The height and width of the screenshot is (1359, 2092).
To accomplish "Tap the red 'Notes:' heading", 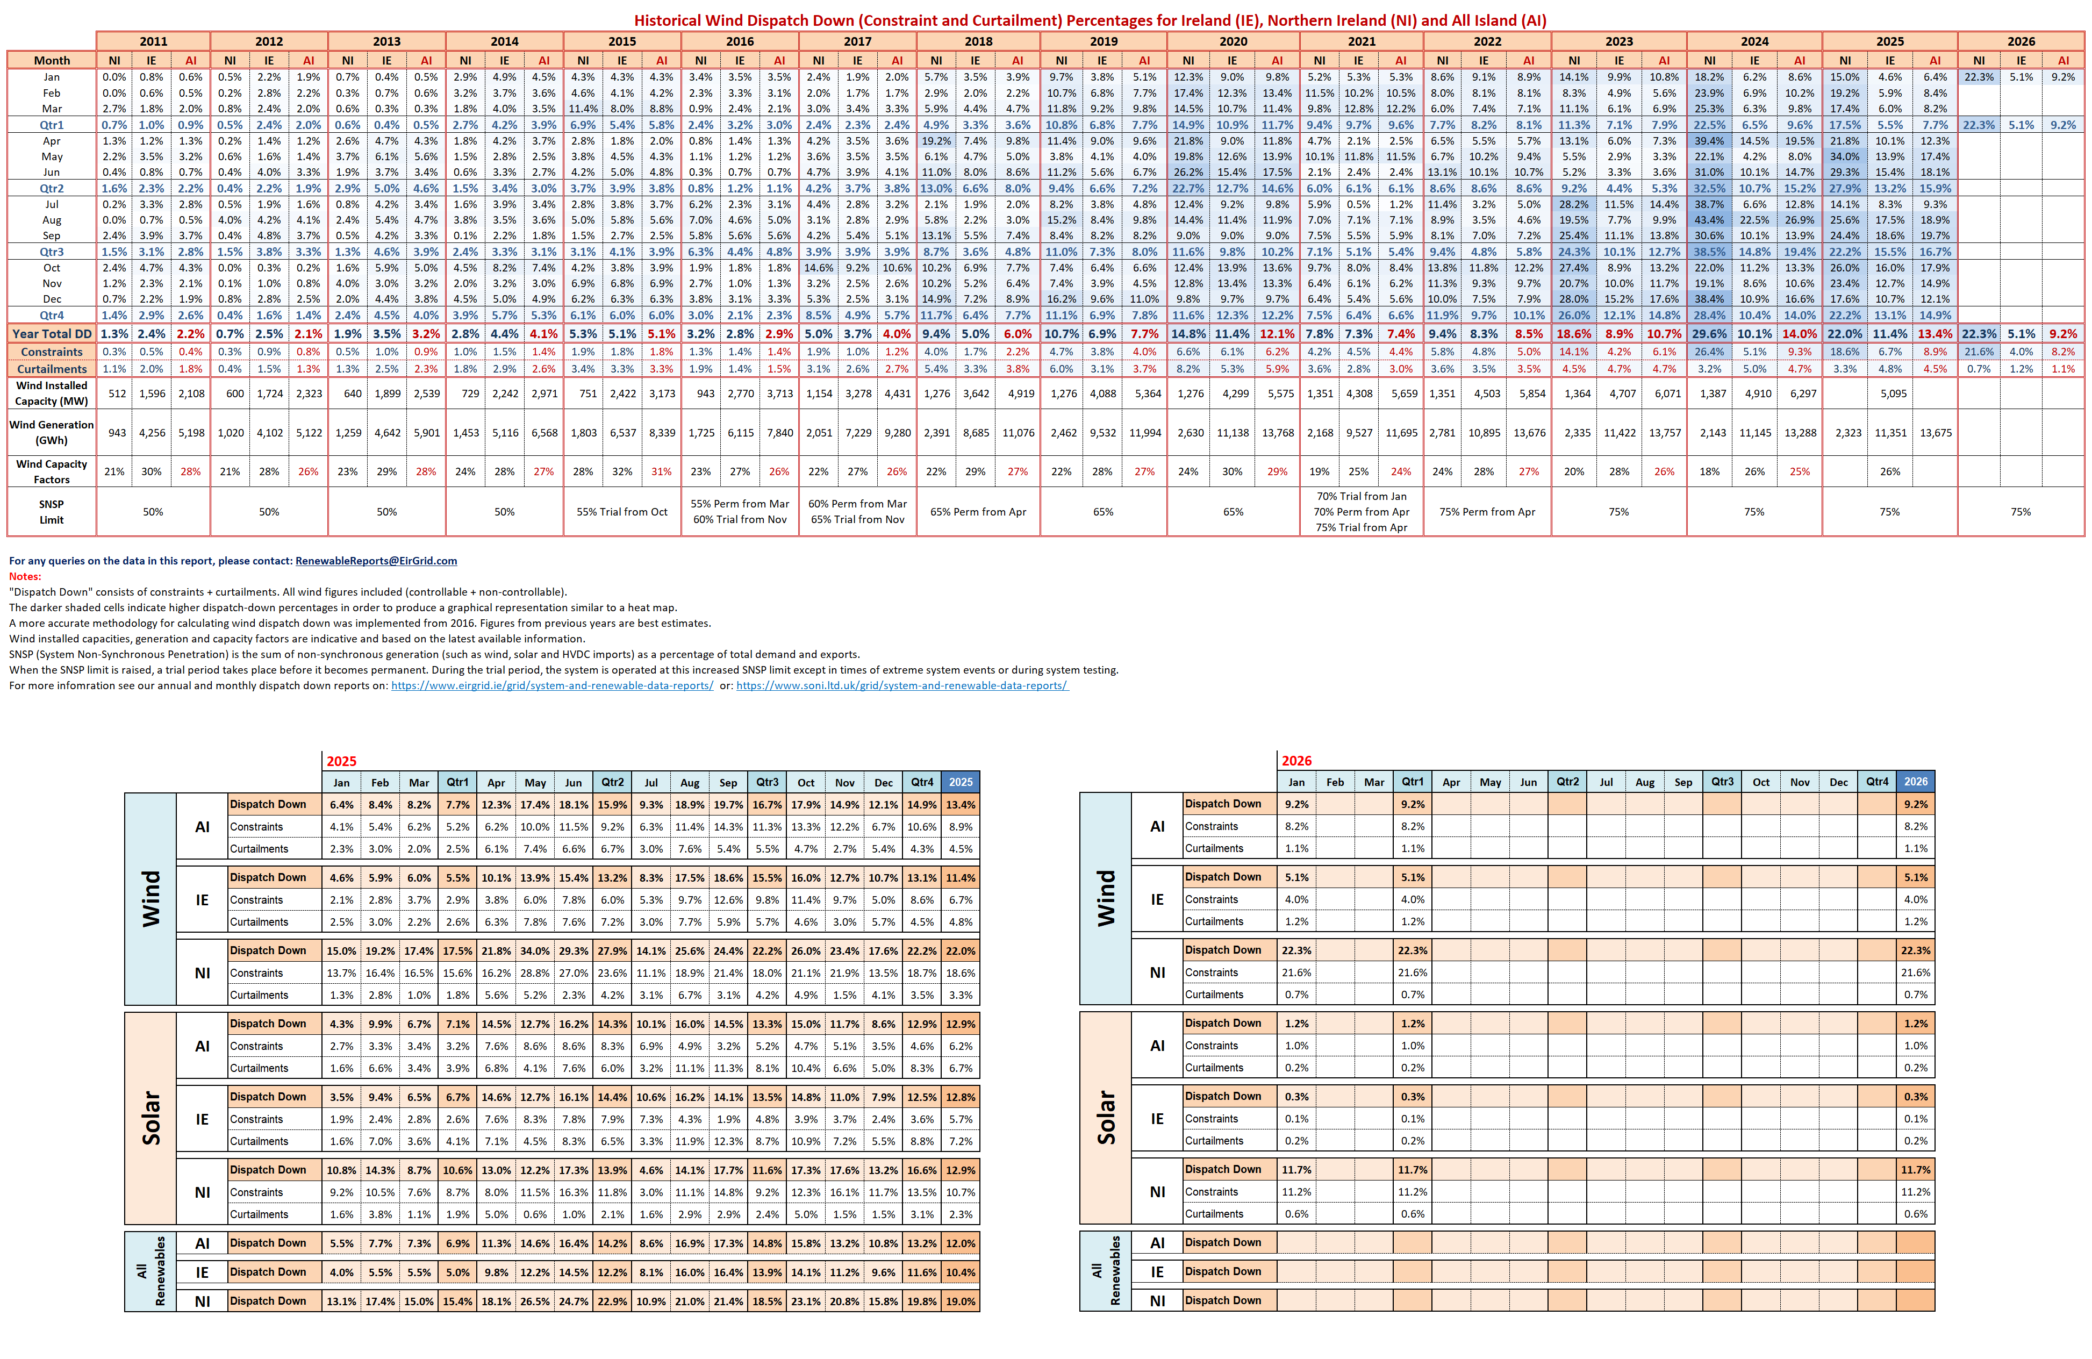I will pyautogui.click(x=25, y=577).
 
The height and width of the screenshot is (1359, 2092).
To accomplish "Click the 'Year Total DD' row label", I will pyautogui.click(x=52, y=334).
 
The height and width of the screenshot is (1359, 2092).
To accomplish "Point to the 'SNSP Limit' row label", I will pyautogui.click(x=52, y=512).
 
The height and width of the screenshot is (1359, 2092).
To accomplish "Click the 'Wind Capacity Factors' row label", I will pyautogui.click(x=52, y=471).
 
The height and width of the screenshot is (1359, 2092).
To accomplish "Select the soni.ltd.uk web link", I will pyautogui.click(x=902, y=685).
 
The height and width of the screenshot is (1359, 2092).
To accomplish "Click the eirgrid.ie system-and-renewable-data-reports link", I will pyautogui.click(x=552, y=685).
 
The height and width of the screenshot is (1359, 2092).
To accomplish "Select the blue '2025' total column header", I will pyautogui.click(x=960, y=782).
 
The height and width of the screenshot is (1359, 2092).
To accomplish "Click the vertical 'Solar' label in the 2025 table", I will pyautogui.click(x=151, y=1118).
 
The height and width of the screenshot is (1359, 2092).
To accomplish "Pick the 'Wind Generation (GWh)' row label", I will pyautogui.click(x=52, y=433).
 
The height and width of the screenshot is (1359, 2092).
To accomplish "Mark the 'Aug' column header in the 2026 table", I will pyautogui.click(x=1645, y=782).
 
